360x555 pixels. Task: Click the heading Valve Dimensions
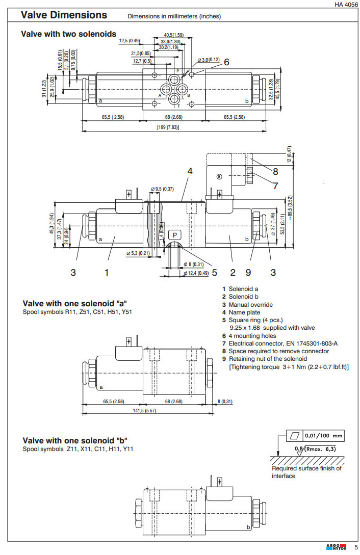coord(64,15)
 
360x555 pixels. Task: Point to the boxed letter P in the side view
coord(175,235)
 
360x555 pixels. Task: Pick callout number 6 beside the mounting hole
coord(226,62)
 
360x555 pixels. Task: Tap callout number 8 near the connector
coord(275,172)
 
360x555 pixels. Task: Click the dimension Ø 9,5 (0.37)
coord(162,190)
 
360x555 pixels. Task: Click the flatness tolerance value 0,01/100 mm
coord(324,436)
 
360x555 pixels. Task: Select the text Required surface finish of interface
coord(306,472)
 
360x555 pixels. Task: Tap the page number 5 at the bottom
coord(356,548)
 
